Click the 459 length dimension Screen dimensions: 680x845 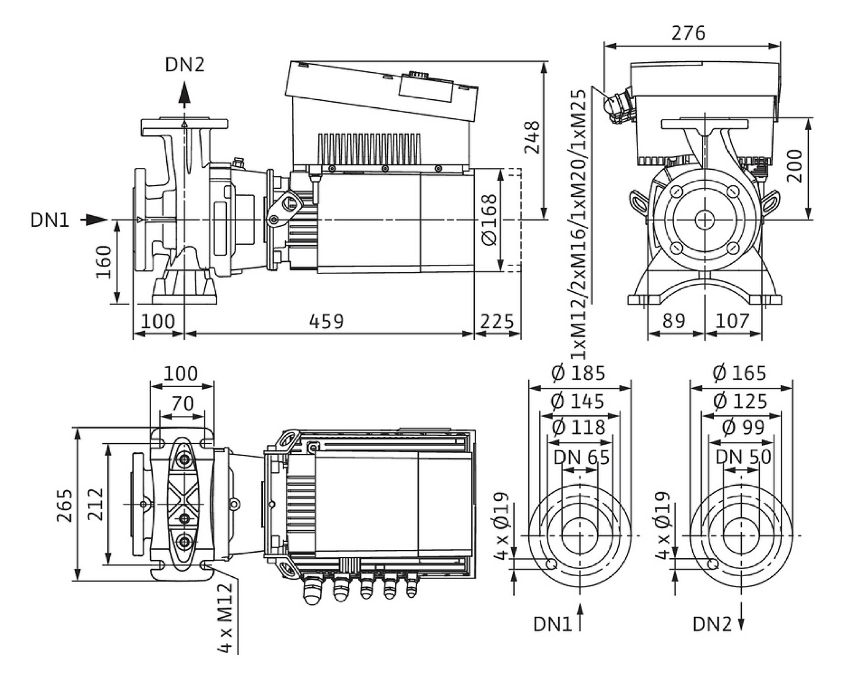326,321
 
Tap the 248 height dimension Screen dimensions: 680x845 532,138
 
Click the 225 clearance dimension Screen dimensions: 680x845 497,321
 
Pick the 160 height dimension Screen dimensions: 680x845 103,262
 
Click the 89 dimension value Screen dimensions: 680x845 674,321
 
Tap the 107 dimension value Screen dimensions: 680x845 732,321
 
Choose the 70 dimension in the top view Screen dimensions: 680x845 183,404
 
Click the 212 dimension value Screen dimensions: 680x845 94,504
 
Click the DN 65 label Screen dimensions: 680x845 581,457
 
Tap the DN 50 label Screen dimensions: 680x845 743,457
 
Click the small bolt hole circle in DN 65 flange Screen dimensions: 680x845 550,564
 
